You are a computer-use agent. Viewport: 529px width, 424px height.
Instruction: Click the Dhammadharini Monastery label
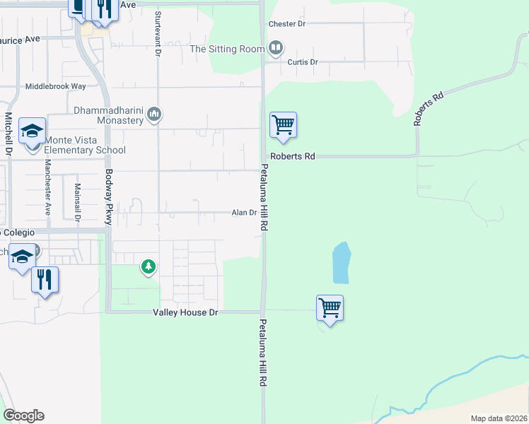108,115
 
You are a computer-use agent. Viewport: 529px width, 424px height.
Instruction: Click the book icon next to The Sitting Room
276,48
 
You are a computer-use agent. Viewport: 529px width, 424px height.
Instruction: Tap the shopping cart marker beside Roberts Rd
283,126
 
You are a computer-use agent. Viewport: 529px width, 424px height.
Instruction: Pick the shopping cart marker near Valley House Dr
330,308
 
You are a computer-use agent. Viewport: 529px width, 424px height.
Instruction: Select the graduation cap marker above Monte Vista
32,132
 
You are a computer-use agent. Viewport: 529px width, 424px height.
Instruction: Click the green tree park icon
148,266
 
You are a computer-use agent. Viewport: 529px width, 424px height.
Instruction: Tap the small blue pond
342,263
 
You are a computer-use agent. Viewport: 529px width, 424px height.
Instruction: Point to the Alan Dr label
243,213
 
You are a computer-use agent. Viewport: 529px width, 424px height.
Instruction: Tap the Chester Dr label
286,23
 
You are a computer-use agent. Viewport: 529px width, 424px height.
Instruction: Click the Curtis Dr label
303,62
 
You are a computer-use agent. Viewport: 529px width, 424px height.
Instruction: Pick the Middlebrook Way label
55,86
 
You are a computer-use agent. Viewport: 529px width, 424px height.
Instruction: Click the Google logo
23,416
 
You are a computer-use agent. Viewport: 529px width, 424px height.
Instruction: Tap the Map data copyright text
499,418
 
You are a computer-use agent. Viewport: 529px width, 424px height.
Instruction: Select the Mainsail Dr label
77,201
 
